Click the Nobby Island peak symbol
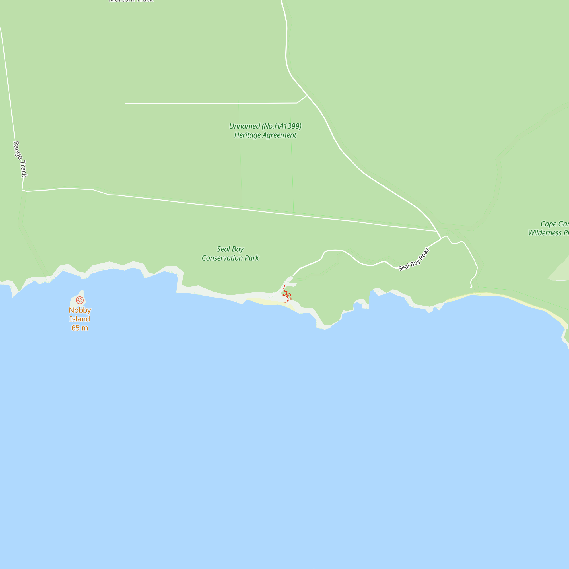[x=80, y=300]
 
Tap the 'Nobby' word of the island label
[x=80, y=310]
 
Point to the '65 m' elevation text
[x=80, y=328]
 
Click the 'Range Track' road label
[x=20, y=159]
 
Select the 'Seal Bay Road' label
[x=414, y=259]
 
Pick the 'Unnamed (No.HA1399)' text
[x=265, y=126]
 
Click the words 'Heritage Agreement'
[x=265, y=135]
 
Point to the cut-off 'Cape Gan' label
[x=554, y=224]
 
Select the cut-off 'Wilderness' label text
[x=545, y=233]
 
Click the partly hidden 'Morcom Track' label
[x=131, y=1]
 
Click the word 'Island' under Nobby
[x=80, y=319]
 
